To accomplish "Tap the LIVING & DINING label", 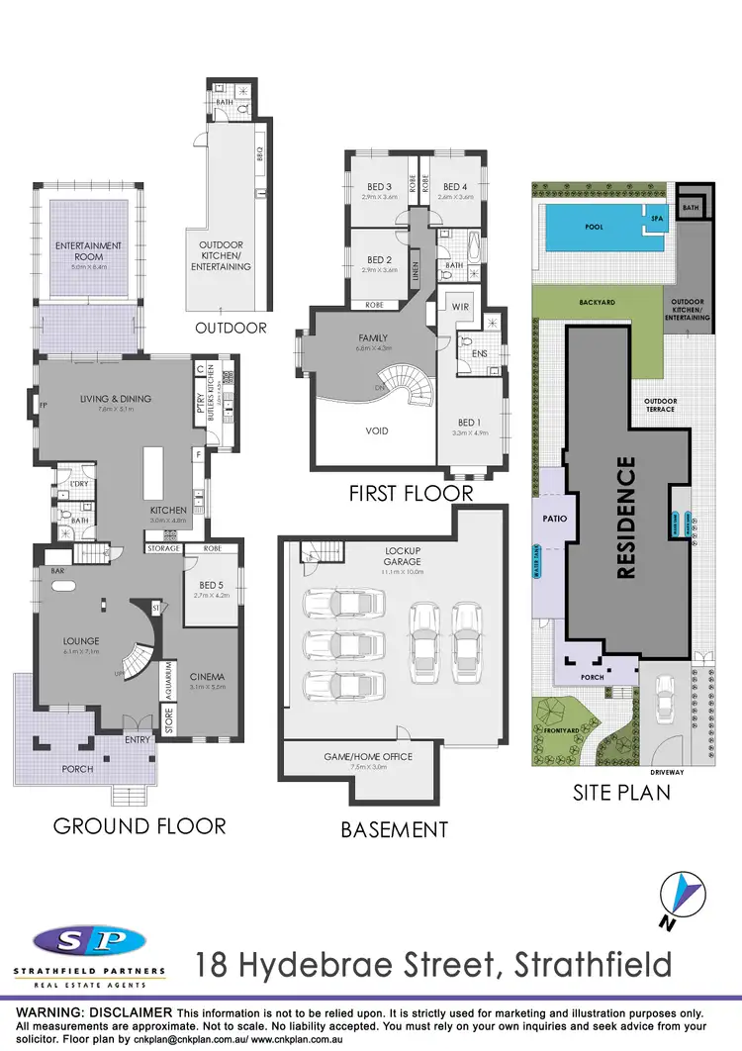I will [x=116, y=399].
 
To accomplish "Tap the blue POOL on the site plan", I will [x=594, y=227].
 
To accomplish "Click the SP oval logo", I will [x=89, y=941].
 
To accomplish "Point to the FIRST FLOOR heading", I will [x=411, y=493].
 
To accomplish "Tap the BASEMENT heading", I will [x=394, y=829].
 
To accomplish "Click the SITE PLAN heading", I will [x=621, y=792].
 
